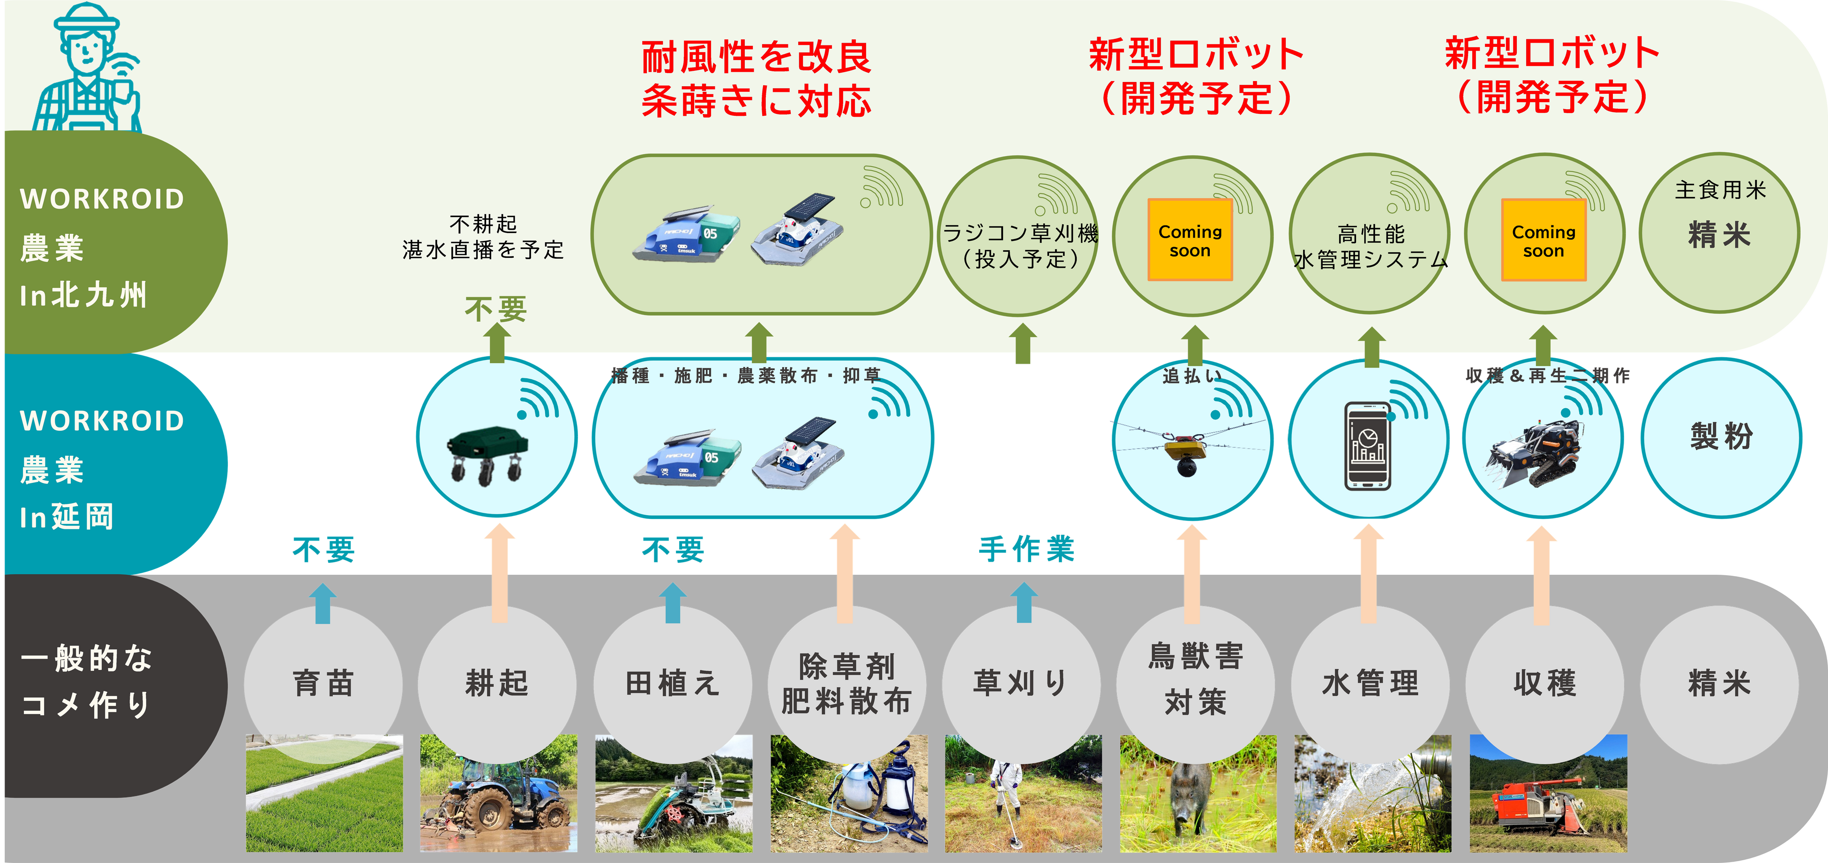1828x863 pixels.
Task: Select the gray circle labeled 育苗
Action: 323,683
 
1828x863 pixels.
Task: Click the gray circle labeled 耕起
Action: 497,683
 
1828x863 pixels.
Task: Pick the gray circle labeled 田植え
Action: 672,683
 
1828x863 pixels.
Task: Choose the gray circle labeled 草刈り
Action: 1021,683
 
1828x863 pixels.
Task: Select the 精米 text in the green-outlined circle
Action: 1719,235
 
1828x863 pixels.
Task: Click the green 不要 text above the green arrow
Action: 495,309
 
